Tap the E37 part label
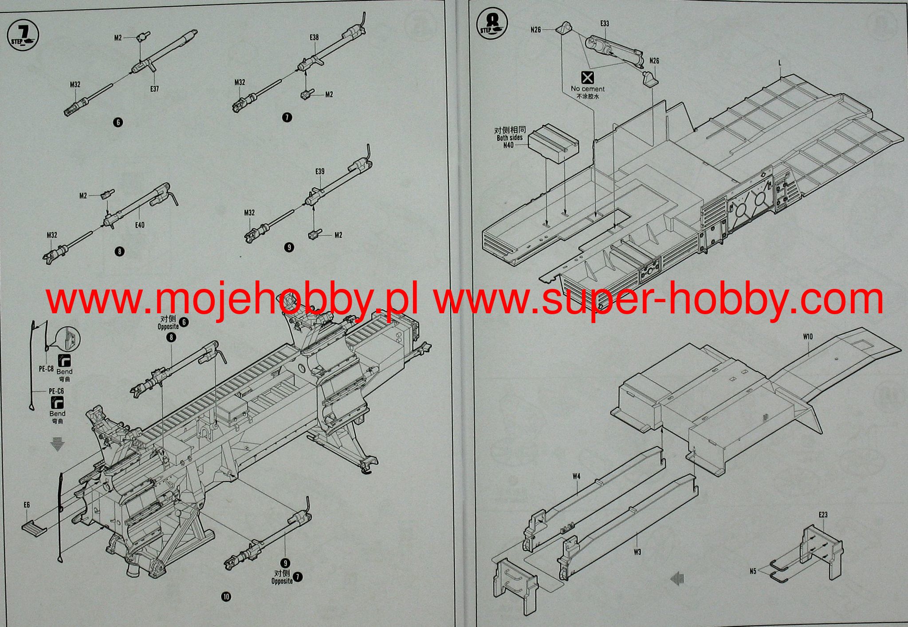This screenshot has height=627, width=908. click(154, 89)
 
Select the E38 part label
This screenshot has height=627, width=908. click(314, 38)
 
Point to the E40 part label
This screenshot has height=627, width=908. click(140, 225)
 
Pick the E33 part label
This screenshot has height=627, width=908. click(605, 24)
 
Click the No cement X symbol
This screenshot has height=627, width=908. click(588, 78)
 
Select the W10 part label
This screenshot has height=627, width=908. click(807, 337)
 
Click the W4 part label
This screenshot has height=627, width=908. click(576, 477)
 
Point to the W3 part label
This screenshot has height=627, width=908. click(637, 552)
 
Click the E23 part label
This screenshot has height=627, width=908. click(823, 515)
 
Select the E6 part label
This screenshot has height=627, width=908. click(27, 505)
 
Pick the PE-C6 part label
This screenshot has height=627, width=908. click(56, 391)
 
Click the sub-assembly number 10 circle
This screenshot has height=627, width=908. click(226, 597)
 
